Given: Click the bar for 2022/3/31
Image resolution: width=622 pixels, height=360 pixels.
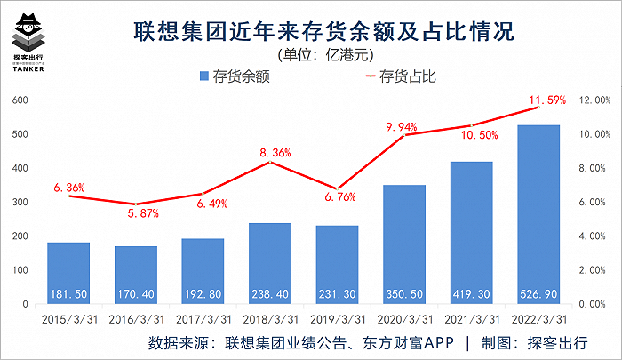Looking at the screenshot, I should (539, 213).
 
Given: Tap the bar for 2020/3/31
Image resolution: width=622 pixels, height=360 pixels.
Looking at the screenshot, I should (404, 244).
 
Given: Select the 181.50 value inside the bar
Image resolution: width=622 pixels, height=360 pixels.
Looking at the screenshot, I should (68, 292).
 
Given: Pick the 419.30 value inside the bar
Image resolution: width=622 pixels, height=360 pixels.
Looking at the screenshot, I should (472, 292).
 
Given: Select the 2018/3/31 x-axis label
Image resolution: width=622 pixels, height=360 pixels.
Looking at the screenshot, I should (269, 317).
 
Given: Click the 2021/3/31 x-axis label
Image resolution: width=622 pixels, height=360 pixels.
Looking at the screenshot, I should (472, 317).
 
